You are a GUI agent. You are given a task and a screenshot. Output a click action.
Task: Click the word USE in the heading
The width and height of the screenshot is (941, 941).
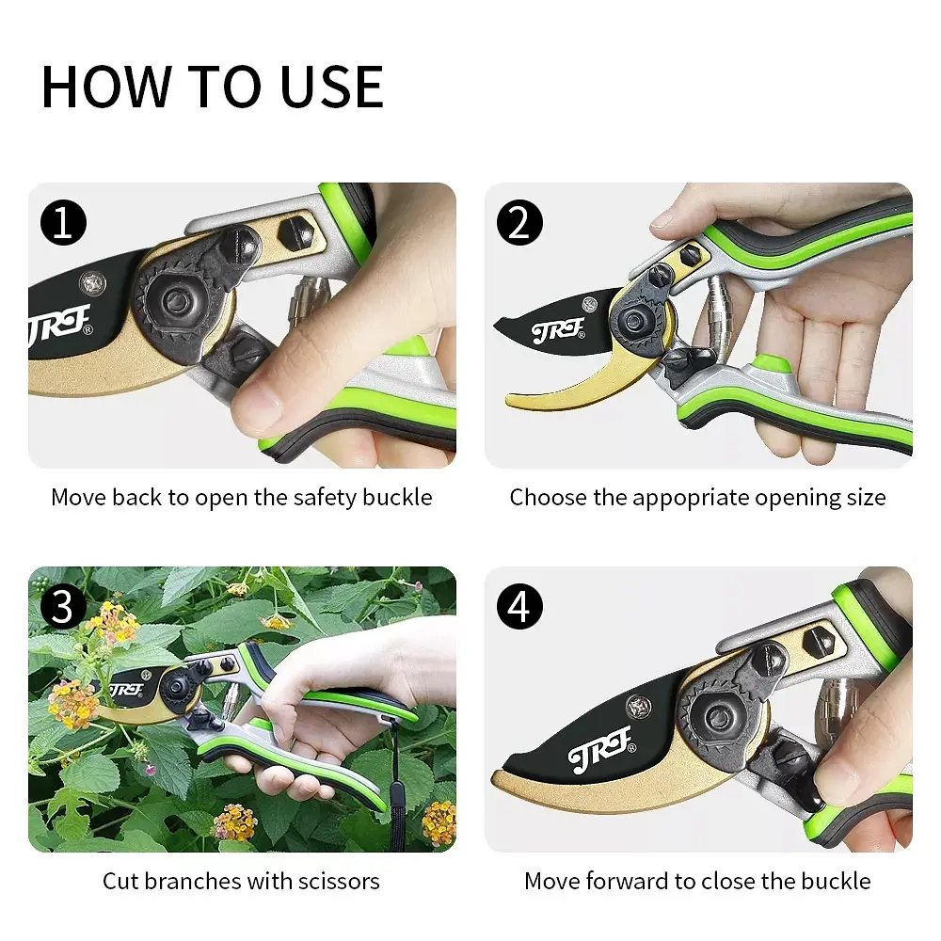331,87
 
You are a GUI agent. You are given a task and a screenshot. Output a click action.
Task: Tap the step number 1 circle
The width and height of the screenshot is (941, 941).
64,223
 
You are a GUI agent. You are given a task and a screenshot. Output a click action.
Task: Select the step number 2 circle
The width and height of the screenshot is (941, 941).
519,223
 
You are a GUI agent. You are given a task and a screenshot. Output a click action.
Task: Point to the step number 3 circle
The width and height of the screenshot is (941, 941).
64,607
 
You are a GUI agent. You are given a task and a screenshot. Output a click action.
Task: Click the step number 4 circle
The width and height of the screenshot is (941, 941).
519,607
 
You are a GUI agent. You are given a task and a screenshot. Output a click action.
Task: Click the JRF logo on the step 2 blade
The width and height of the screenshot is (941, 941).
558,330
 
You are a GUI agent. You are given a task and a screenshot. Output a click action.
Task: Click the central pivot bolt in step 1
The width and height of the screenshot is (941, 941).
177,301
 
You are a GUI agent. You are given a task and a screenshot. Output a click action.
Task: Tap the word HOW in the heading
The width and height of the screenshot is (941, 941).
106,87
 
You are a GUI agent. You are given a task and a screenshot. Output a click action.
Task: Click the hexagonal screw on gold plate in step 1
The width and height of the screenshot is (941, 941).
297,231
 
